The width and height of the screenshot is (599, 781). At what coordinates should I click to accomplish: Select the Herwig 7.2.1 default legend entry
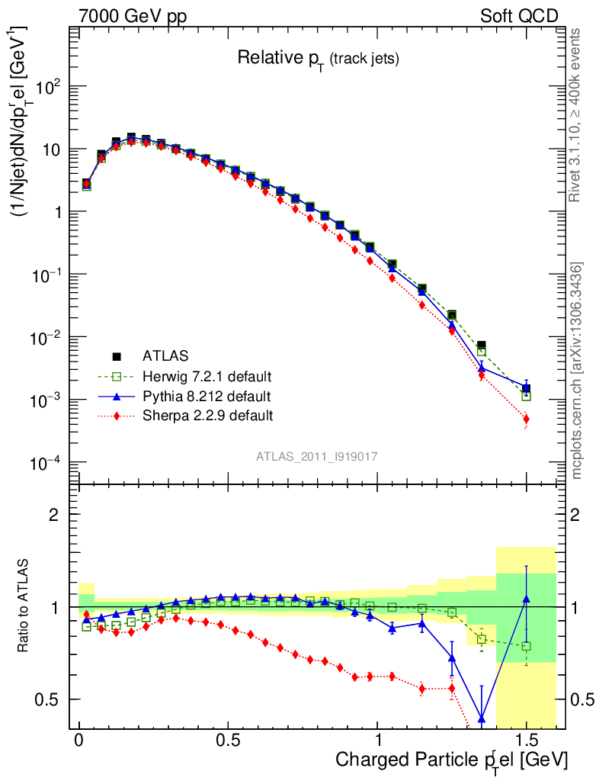coord(207,376)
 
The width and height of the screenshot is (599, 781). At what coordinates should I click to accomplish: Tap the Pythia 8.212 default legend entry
coord(207,396)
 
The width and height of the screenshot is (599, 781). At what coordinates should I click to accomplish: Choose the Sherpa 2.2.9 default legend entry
coord(208,416)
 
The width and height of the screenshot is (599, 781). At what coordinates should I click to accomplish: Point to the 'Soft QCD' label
coord(519,16)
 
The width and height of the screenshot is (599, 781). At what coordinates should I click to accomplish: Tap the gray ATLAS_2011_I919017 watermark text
coord(317,456)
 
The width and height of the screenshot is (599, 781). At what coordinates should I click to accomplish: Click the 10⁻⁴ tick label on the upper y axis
coord(44,462)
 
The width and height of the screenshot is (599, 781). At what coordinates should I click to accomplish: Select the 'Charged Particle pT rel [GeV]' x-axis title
coord(452,760)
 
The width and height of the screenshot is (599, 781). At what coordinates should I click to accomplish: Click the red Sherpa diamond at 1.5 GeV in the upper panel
coord(526,419)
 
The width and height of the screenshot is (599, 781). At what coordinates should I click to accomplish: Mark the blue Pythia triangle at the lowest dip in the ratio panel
coord(482,718)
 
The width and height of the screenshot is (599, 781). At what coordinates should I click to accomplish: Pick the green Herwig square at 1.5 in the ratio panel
coord(526,646)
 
